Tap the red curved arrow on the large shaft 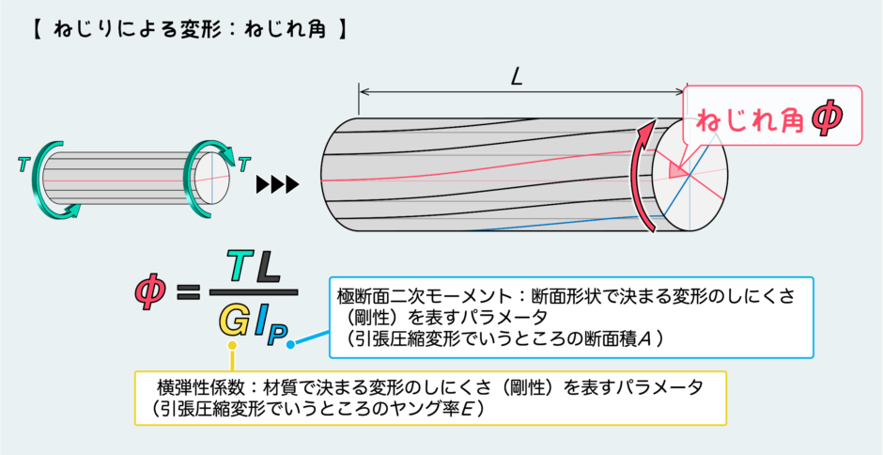638,175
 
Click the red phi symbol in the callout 829,120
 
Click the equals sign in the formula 188,291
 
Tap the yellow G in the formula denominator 232,321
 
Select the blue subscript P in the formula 277,332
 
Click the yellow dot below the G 232,344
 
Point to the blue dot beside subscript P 290,343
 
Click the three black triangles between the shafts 276,184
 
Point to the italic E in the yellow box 466,409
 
